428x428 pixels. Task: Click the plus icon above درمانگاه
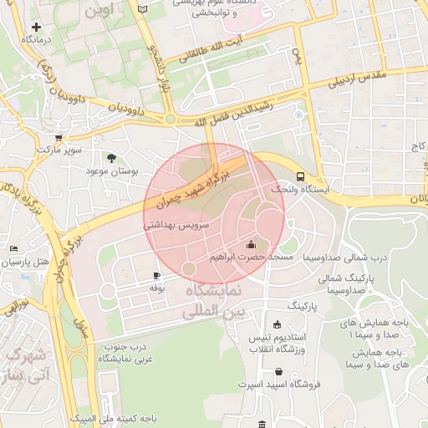click(36, 27)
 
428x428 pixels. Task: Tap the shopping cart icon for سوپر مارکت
click(58, 139)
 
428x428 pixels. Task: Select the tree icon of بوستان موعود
click(111, 157)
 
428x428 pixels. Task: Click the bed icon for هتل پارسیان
click(13, 249)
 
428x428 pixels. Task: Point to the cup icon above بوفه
click(156, 275)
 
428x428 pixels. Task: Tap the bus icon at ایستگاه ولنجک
click(300, 176)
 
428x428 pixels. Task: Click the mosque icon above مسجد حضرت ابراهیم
click(251, 244)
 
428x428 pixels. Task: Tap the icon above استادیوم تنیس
click(277, 325)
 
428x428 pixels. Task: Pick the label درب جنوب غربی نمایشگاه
click(122, 352)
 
